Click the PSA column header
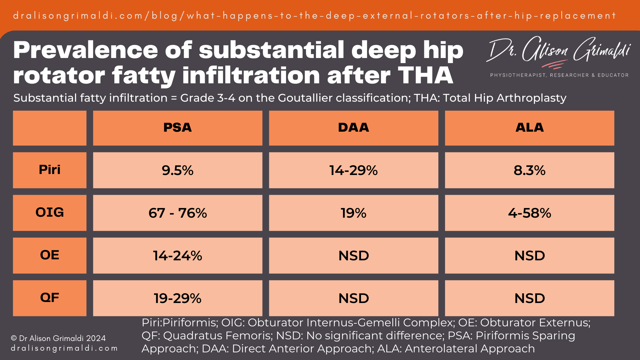tap(177, 128)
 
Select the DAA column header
tap(353, 128)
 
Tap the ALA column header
tap(529, 128)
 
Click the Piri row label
tap(50, 170)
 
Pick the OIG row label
tap(50, 213)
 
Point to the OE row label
tap(50, 255)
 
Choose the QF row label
tap(50, 298)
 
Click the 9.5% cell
tap(177, 170)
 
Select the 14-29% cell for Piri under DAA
tap(353, 170)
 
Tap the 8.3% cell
tap(529, 170)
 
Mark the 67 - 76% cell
tap(177, 213)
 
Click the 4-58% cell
tap(529, 213)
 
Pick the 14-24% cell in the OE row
tap(177, 256)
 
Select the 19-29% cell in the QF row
tap(177, 298)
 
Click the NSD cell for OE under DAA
tap(353, 256)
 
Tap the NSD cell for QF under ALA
tap(529, 298)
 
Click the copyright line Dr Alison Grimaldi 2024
tap(58, 338)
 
